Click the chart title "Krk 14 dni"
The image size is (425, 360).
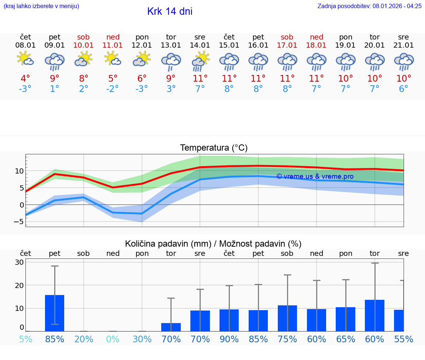[x=170, y=11]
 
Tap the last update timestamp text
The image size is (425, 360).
[x=369, y=6]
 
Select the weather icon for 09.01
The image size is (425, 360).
[x=55, y=62]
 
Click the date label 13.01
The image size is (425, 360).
[x=171, y=45]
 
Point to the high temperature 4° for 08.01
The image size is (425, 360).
[x=25, y=78]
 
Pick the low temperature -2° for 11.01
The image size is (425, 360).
[x=113, y=89]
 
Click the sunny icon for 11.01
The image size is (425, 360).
[x=113, y=59]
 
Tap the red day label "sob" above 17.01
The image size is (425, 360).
[x=287, y=37]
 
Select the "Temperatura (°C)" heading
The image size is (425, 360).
[x=214, y=148]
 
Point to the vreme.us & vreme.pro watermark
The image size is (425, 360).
[x=315, y=176]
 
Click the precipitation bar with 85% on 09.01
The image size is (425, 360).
[x=55, y=313]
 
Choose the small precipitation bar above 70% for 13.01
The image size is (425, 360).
[x=171, y=327]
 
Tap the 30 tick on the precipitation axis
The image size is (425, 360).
[x=19, y=262]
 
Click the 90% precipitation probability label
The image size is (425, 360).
[x=229, y=339]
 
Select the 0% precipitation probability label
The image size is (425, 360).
[x=113, y=339]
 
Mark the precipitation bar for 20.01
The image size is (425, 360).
[x=374, y=315]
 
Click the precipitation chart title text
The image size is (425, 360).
[x=213, y=244]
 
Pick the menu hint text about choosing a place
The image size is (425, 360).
[x=41, y=6]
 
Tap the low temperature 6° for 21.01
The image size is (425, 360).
[x=404, y=89]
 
